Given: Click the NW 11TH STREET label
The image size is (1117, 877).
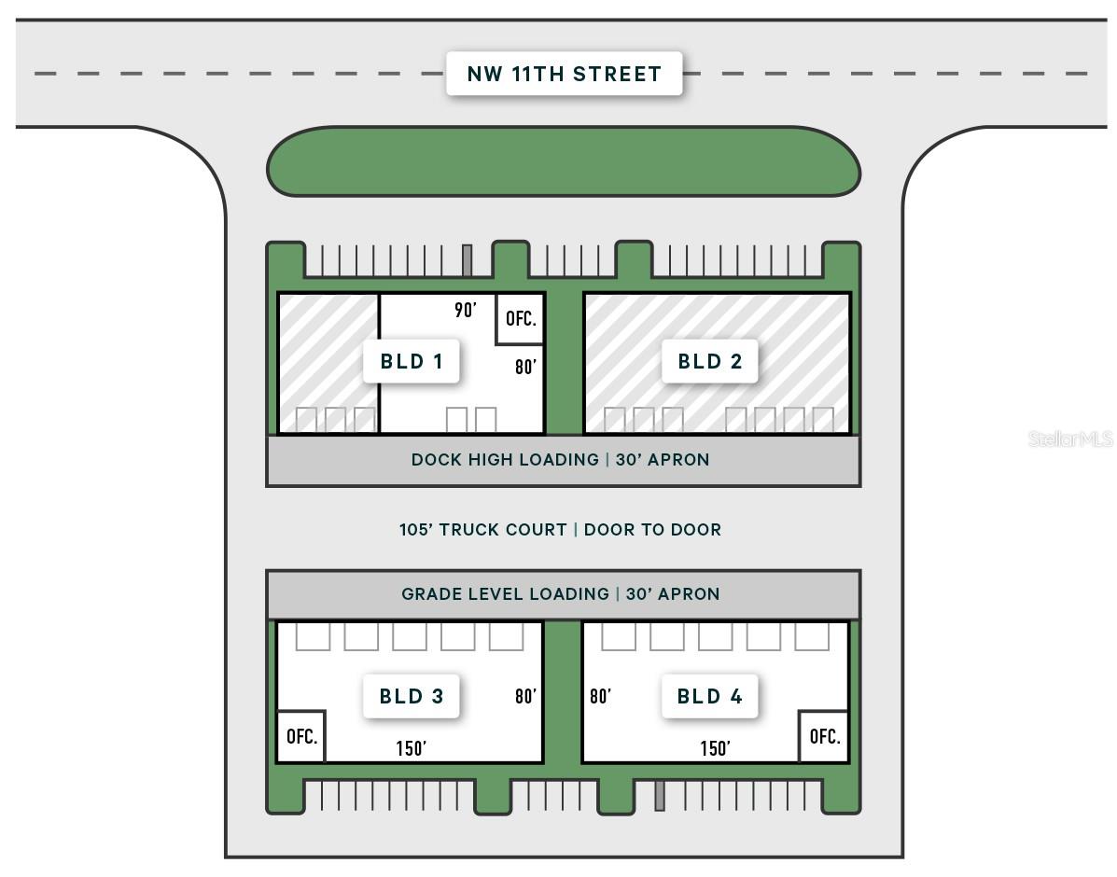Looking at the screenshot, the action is (x=565, y=74).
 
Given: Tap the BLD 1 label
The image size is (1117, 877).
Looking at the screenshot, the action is (x=411, y=361).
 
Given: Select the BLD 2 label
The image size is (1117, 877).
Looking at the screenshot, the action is (x=709, y=361).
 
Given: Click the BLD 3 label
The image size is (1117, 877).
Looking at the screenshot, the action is (x=411, y=696).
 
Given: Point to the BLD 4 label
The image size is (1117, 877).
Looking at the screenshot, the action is (x=709, y=696).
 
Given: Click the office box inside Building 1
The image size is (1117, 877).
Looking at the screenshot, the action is (x=521, y=318).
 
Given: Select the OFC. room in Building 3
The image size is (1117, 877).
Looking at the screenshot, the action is (x=301, y=737).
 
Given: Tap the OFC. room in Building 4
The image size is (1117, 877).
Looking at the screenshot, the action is (x=824, y=737).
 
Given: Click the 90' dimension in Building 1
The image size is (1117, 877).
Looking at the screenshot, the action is (x=465, y=310).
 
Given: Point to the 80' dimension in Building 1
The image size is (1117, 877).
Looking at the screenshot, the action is (x=525, y=367).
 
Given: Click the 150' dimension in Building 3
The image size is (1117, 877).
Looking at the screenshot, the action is (x=411, y=748).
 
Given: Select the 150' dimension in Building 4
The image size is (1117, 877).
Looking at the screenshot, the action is (x=715, y=748).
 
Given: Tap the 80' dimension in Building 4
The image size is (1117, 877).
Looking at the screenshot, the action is (x=601, y=696).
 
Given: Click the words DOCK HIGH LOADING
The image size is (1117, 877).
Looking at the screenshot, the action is (x=505, y=460).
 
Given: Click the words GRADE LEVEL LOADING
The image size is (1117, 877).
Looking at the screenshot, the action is (x=505, y=594).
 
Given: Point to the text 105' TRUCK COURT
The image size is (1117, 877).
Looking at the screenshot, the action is (x=483, y=529).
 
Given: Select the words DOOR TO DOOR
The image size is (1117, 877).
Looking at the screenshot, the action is (x=652, y=529).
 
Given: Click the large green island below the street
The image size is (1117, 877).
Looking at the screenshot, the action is (x=564, y=161).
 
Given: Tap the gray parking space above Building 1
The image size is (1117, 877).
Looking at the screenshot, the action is (x=468, y=260).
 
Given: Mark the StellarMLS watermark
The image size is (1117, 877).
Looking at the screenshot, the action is (x=1070, y=438).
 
